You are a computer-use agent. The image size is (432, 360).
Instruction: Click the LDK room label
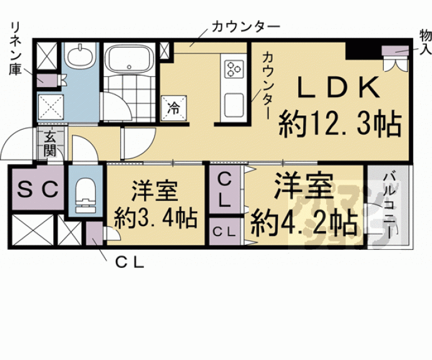click(x=337, y=88)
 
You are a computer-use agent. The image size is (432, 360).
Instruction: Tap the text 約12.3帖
click(x=339, y=124)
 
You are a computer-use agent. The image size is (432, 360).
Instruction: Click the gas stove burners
click(x=234, y=67)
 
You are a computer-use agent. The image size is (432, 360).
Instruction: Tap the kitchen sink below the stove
click(x=234, y=105)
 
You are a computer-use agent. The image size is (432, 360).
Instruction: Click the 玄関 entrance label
click(x=50, y=145)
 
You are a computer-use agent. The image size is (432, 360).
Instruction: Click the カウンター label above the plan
click(x=245, y=26)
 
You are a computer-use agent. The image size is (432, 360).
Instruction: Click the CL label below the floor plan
click(x=130, y=263)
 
